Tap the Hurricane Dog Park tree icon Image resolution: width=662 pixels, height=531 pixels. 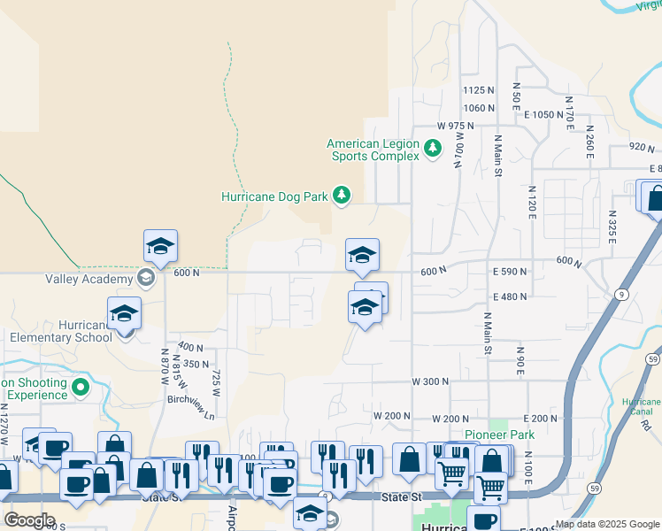coord(341,195)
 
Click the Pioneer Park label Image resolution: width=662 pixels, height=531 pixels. coord(508,435)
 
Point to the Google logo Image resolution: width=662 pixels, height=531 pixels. coord(29,519)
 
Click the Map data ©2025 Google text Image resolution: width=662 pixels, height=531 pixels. coord(607,524)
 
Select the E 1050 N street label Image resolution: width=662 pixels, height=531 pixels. coord(543,115)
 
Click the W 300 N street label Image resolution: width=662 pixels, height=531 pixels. coord(430,381)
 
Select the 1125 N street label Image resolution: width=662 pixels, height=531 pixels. coord(478,90)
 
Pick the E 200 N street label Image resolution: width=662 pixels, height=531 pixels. coord(542,418)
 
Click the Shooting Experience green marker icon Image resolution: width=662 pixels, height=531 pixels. coord(81,387)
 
